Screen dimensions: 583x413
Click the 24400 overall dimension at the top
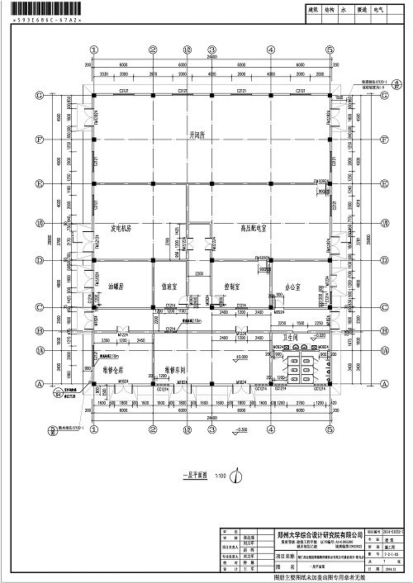pyautogui.click(x=211, y=59)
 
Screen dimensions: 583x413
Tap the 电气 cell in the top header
pyautogui.click(x=379, y=12)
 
